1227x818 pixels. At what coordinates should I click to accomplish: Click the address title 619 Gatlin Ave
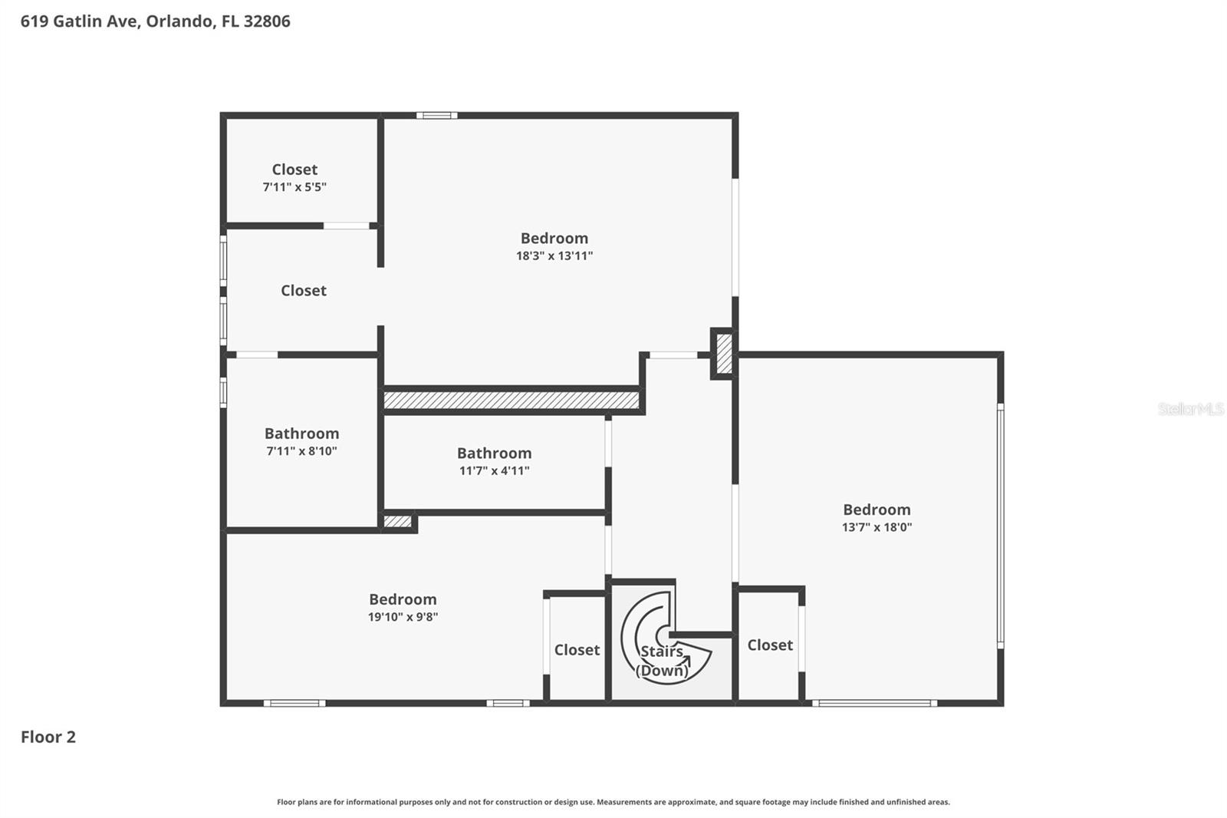click(155, 21)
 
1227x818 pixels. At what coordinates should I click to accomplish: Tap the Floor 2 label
click(48, 737)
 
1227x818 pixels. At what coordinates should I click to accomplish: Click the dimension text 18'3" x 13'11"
click(554, 256)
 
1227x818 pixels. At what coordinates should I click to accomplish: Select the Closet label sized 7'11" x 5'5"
click(294, 169)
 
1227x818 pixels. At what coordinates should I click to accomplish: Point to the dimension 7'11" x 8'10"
click(301, 451)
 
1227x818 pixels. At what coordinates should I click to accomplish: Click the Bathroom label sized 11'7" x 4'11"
click(494, 453)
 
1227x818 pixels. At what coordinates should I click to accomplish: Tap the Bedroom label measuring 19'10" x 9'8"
click(403, 599)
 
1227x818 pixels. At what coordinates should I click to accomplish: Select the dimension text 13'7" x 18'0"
click(877, 527)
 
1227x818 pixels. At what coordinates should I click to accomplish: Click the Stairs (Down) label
click(661, 661)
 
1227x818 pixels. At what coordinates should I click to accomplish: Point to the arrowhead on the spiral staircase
click(686, 659)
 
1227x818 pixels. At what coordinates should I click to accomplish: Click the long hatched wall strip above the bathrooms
click(511, 400)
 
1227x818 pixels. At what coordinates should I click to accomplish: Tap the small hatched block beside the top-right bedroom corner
click(723, 354)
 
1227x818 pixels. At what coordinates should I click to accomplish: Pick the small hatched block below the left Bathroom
click(397, 522)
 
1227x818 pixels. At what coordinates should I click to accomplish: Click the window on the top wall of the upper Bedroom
click(436, 116)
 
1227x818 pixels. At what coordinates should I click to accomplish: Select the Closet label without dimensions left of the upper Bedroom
click(303, 290)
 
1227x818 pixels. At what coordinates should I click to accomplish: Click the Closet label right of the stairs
click(770, 645)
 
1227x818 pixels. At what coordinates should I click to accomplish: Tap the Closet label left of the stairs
click(577, 650)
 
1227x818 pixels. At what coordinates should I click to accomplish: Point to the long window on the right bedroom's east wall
click(1000, 526)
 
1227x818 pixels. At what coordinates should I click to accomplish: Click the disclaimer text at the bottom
click(613, 802)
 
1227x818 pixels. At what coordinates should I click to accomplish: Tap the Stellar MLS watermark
click(1190, 409)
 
